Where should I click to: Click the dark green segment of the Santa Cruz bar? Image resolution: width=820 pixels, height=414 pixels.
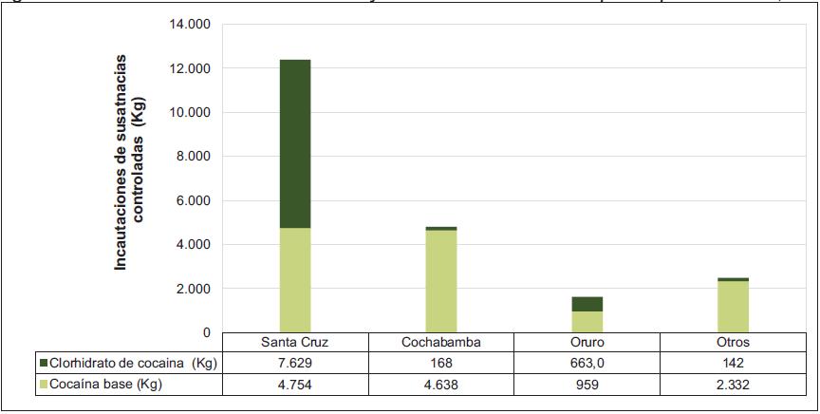point(295,143)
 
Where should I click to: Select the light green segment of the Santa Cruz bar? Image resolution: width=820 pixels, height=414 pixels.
point(295,280)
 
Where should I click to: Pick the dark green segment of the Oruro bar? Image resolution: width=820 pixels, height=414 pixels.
point(587,304)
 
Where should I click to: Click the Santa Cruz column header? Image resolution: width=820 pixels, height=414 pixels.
point(295,343)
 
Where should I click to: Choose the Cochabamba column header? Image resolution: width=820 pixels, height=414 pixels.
point(441,343)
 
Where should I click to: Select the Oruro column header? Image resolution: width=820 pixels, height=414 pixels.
point(587,343)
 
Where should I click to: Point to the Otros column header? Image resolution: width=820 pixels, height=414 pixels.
point(733,343)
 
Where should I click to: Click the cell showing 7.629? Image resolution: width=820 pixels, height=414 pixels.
point(295,362)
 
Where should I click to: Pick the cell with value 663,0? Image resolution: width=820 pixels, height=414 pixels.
point(587,362)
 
